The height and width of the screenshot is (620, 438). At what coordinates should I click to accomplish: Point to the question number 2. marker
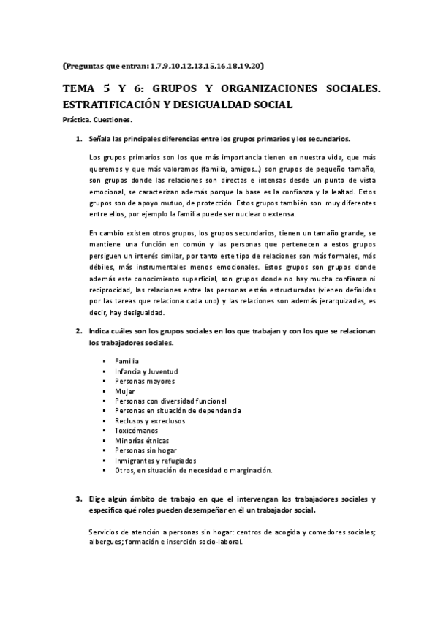pyautogui.click(x=79, y=331)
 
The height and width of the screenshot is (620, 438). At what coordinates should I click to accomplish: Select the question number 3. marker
pyautogui.click(x=79, y=499)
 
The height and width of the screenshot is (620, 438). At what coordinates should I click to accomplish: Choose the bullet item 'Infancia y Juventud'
pyautogui.click(x=146, y=371)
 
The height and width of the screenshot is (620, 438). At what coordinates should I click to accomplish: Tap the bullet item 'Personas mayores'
pyautogui.click(x=145, y=381)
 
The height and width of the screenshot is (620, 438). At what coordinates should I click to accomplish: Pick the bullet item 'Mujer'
pyautogui.click(x=125, y=391)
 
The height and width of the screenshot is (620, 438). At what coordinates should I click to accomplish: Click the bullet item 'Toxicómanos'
pyautogui.click(x=136, y=431)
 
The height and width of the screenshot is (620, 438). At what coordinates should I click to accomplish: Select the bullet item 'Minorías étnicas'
pyautogui.click(x=142, y=441)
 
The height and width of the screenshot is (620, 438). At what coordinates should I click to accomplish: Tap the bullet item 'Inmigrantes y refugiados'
pyautogui.click(x=156, y=461)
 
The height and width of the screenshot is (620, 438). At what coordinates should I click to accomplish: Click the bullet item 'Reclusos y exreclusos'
pyautogui.click(x=150, y=421)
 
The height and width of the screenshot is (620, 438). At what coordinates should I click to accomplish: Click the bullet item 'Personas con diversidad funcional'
pyautogui.click(x=170, y=401)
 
